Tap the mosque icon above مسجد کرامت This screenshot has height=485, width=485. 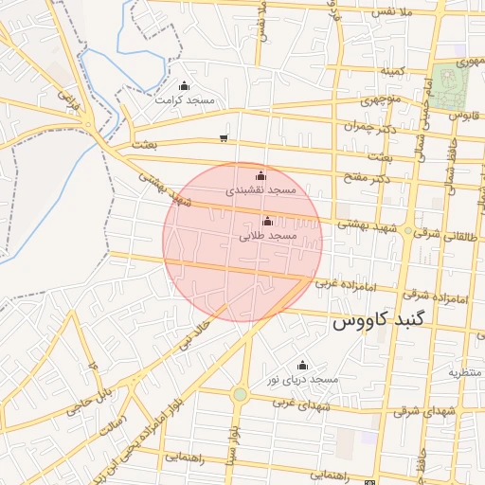[x=184, y=86]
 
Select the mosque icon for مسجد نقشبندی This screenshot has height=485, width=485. [x=261, y=175]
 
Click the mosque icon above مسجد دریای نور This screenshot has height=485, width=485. [x=302, y=365]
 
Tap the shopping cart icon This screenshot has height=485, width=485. [x=224, y=137]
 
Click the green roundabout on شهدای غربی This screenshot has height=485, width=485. [x=240, y=393]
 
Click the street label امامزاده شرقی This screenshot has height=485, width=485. [x=442, y=298]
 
